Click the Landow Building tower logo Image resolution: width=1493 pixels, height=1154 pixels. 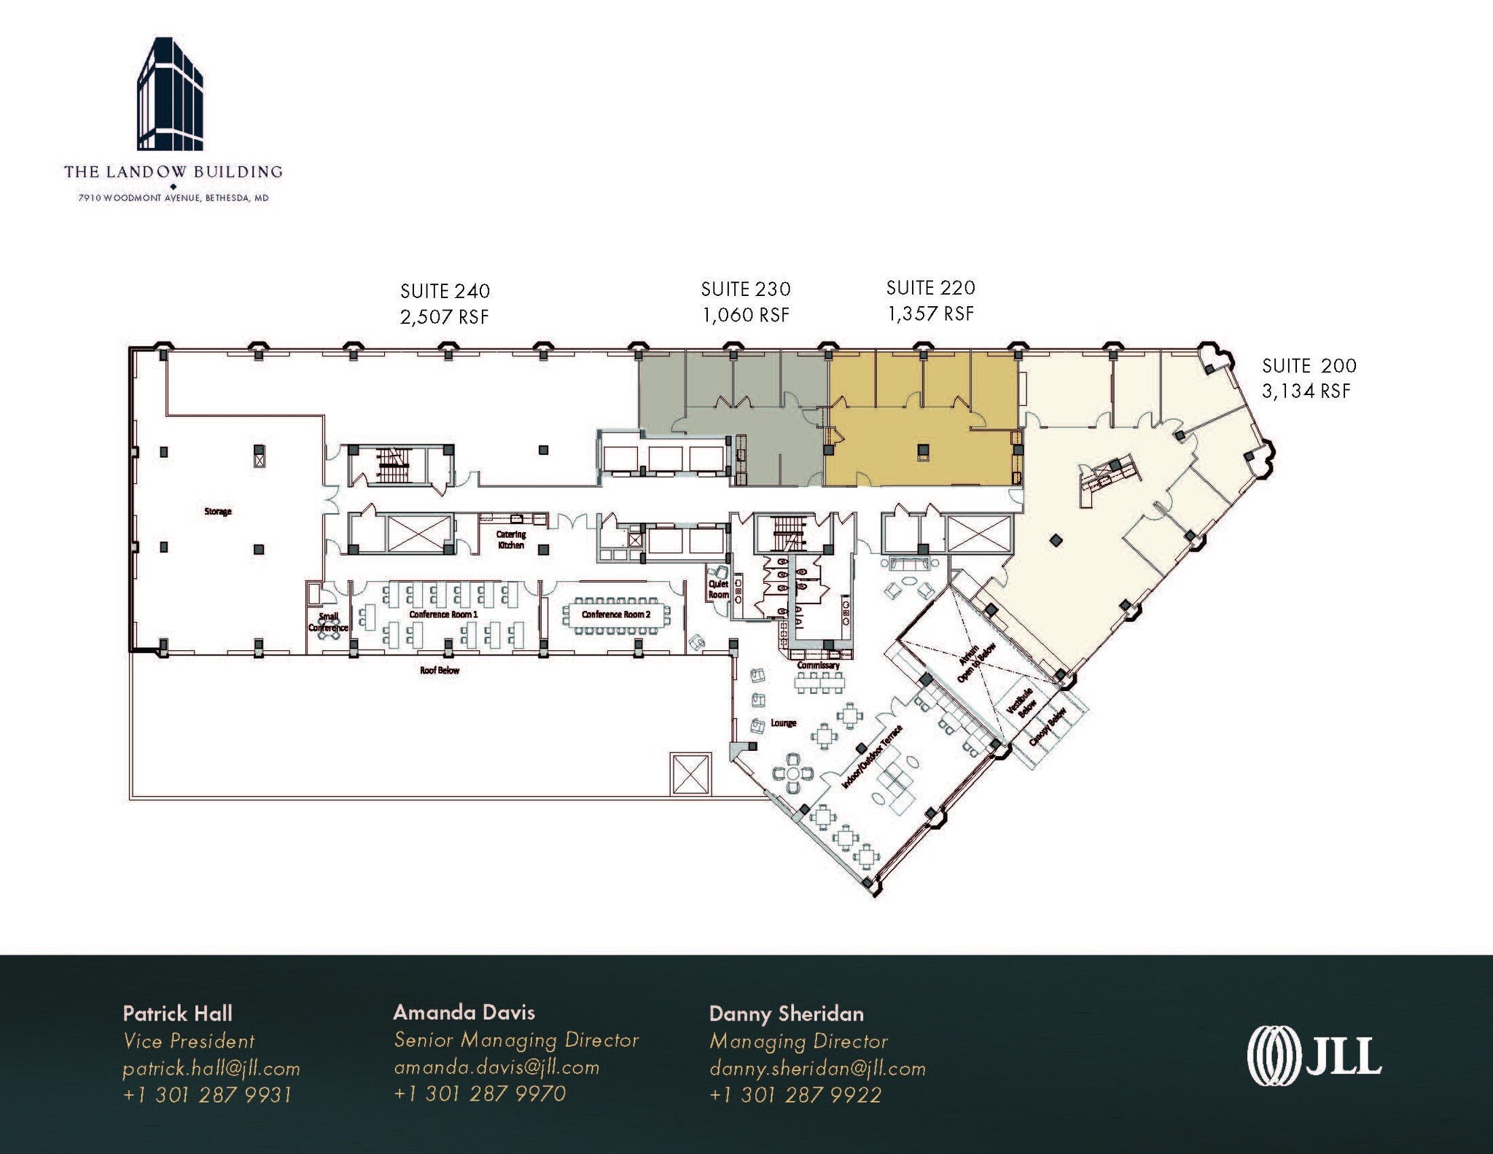(x=170, y=94)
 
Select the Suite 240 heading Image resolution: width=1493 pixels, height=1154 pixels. (x=445, y=292)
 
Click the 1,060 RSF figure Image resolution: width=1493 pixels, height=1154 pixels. (x=746, y=316)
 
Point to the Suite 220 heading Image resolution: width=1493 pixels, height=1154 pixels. (x=930, y=288)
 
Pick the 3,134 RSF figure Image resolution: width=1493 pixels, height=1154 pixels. (x=1306, y=391)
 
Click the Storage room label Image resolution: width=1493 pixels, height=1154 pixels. (x=218, y=512)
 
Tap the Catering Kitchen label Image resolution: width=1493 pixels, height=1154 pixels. (x=511, y=540)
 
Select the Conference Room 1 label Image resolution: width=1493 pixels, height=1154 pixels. (x=443, y=615)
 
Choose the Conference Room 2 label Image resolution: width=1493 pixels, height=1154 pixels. (x=616, y=615)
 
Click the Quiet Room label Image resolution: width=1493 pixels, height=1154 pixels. (x=719, y=589)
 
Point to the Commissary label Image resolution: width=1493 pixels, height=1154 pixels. (x=818, y=666)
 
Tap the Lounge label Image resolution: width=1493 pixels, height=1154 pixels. (x=784, y=723)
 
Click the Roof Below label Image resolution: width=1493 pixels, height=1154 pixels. (x=440, y=671)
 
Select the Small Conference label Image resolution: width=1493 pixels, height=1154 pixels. (x=328, y=622)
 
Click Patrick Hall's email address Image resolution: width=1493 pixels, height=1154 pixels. (x=211, y=1069)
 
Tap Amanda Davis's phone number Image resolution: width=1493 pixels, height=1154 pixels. (x=480, y=1094)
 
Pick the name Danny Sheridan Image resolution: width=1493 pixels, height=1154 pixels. (x=786, y=1014)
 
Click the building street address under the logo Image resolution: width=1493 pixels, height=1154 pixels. (x=174, y=198)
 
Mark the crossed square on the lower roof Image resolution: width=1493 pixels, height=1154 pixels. (x=690, y=774)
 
